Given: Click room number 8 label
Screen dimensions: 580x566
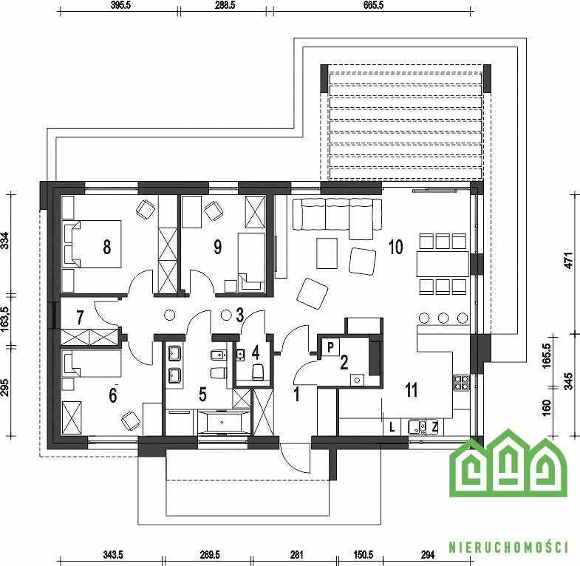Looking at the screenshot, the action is tap(107, 247).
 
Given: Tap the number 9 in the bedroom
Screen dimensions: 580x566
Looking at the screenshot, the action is tap(218, 247).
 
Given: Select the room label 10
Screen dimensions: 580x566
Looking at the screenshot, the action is tap(395, 247).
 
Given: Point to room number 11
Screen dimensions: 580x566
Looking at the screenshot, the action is tap(412, 389).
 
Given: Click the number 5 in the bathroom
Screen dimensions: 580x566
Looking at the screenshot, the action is tap(202, 395).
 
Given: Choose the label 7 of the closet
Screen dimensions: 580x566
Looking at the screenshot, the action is tap(80, 317).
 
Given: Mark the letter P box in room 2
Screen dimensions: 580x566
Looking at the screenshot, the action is tap(331, 347).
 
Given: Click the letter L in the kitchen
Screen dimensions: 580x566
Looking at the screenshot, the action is tap(392, 428).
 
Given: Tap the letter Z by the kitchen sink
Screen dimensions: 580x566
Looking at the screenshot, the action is tap(434, 428).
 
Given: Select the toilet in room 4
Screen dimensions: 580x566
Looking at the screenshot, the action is tap(258, 372).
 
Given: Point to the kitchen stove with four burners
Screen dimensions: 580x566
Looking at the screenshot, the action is tap(462, 383).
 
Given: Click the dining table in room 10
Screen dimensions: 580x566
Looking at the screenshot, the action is tap(443, 264).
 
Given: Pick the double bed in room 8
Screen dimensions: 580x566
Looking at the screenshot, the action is tap(92, 244).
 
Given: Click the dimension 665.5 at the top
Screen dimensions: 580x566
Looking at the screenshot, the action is tap(374, 5).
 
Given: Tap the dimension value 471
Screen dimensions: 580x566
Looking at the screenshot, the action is tap(569, 260).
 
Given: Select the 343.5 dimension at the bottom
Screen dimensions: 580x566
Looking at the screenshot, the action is tap(112, 555).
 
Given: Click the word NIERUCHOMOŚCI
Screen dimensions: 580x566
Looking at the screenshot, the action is tap(508, 547).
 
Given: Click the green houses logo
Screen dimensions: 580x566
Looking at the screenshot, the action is tap(508, 463).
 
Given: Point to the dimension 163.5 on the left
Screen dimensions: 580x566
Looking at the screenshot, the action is tap(5, 319).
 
